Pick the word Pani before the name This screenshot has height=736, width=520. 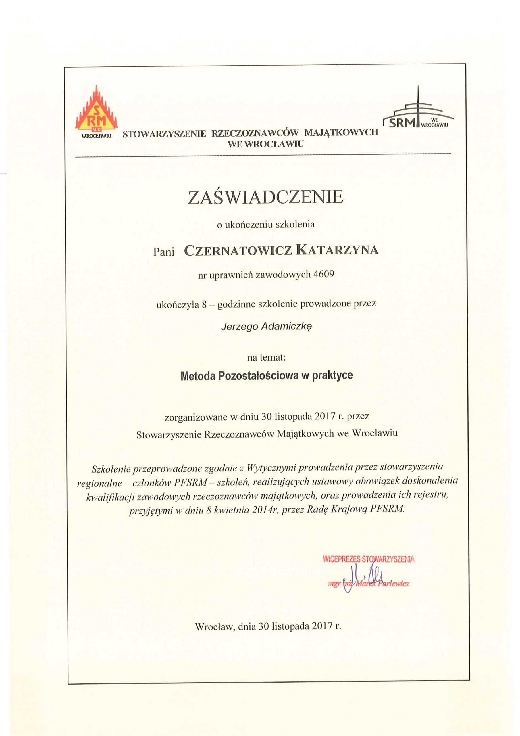163,252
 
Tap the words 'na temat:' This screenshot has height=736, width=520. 266,357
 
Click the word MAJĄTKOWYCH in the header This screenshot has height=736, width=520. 341,132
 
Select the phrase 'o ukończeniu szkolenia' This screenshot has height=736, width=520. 266,224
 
